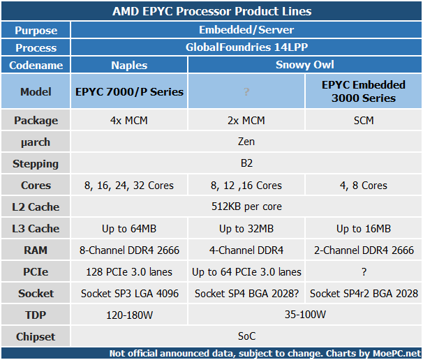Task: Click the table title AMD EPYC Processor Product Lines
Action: (x=211, y=11)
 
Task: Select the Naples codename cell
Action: (x=129, y=66)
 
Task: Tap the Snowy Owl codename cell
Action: (x=305, y=65)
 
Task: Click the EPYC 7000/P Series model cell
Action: (x=129, y=91)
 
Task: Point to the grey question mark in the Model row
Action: (x=246, y=92)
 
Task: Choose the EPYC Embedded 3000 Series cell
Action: (x=364, y=91)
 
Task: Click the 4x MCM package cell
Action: (x=129, y=120)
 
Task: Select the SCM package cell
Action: (x=364, y=120)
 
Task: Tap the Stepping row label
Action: (x=36, y=164)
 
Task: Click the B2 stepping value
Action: (x=246, y=163)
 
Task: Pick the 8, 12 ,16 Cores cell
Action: (x=246, y=186)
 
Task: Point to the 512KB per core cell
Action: (x=246, y=207)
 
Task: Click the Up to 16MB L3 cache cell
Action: (x=364, y=229)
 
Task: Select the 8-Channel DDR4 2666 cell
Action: (x=129, y=250)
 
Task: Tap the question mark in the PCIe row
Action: (x=364, y=272)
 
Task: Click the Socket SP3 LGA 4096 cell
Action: (x=129, y=294)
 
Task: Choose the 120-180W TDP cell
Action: (x=129, y=315)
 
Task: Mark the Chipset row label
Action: (x=36, y=336)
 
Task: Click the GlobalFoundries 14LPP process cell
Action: (x=246, y=47)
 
